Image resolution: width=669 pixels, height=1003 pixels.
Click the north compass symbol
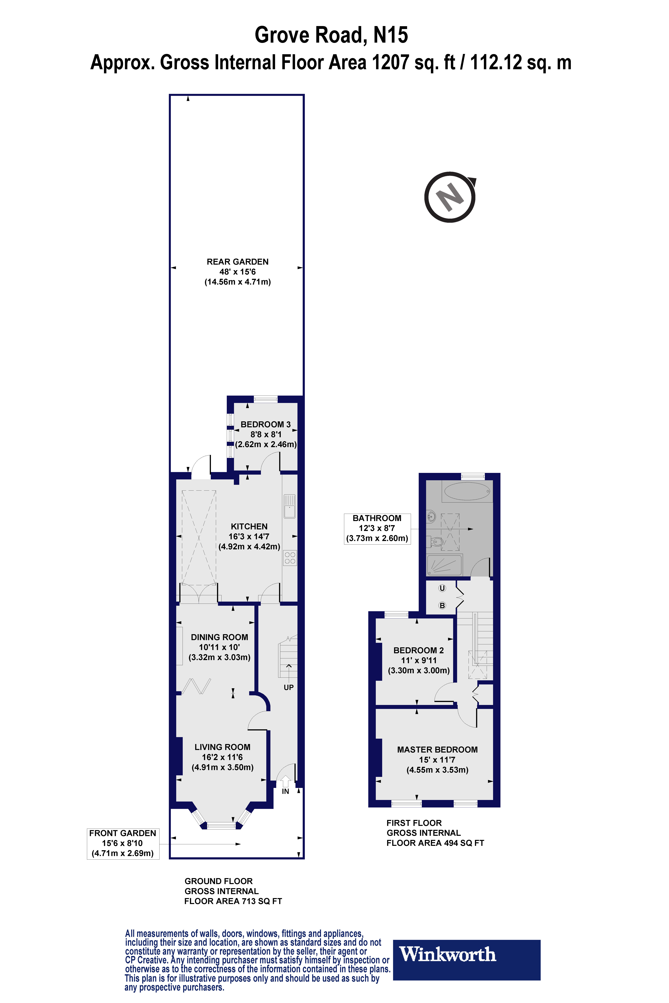tap(450, 198)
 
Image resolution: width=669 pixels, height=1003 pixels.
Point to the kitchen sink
tap(290, 506)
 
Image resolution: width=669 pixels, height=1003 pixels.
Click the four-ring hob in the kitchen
tap(290, 558)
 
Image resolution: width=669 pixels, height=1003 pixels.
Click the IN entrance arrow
tap(285, 782)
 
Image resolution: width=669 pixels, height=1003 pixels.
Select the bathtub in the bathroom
tap(468, 491)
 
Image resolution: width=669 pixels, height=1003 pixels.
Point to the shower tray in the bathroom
tap(444, 565)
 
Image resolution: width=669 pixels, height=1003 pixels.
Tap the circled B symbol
tap(442, 606)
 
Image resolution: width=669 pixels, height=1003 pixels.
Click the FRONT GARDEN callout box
tap(123, 844)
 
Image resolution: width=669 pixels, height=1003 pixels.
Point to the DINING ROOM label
tap(219, 637)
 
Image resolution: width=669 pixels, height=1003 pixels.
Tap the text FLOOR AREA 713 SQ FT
tap(233, 901)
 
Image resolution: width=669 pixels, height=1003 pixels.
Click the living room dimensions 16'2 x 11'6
tap(222, 757)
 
